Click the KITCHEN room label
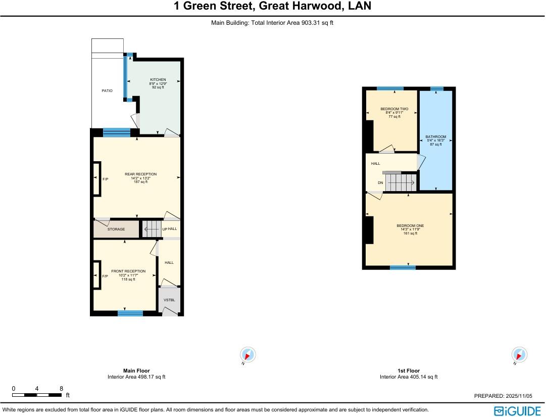click(x=158, y=80)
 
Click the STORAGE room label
click(x=116, y=229)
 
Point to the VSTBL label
click(x=169, y=300)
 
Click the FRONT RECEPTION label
click(x=128, y=271)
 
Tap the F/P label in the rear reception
click(x=105, y=179)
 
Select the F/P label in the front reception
click(x=105, y=276)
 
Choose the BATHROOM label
click(x=435, y=137)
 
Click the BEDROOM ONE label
click(x=410, y=226)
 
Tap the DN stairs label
click(x=380, y=182)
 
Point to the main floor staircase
click(x=152, y=229)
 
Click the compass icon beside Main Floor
click(x=247, y=354)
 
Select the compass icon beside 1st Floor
click(x=519, y=354)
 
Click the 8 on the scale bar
click(x=61, y=389)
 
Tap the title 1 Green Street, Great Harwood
click(x=272, y=7)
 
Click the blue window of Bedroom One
click(x=403, y=267)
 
